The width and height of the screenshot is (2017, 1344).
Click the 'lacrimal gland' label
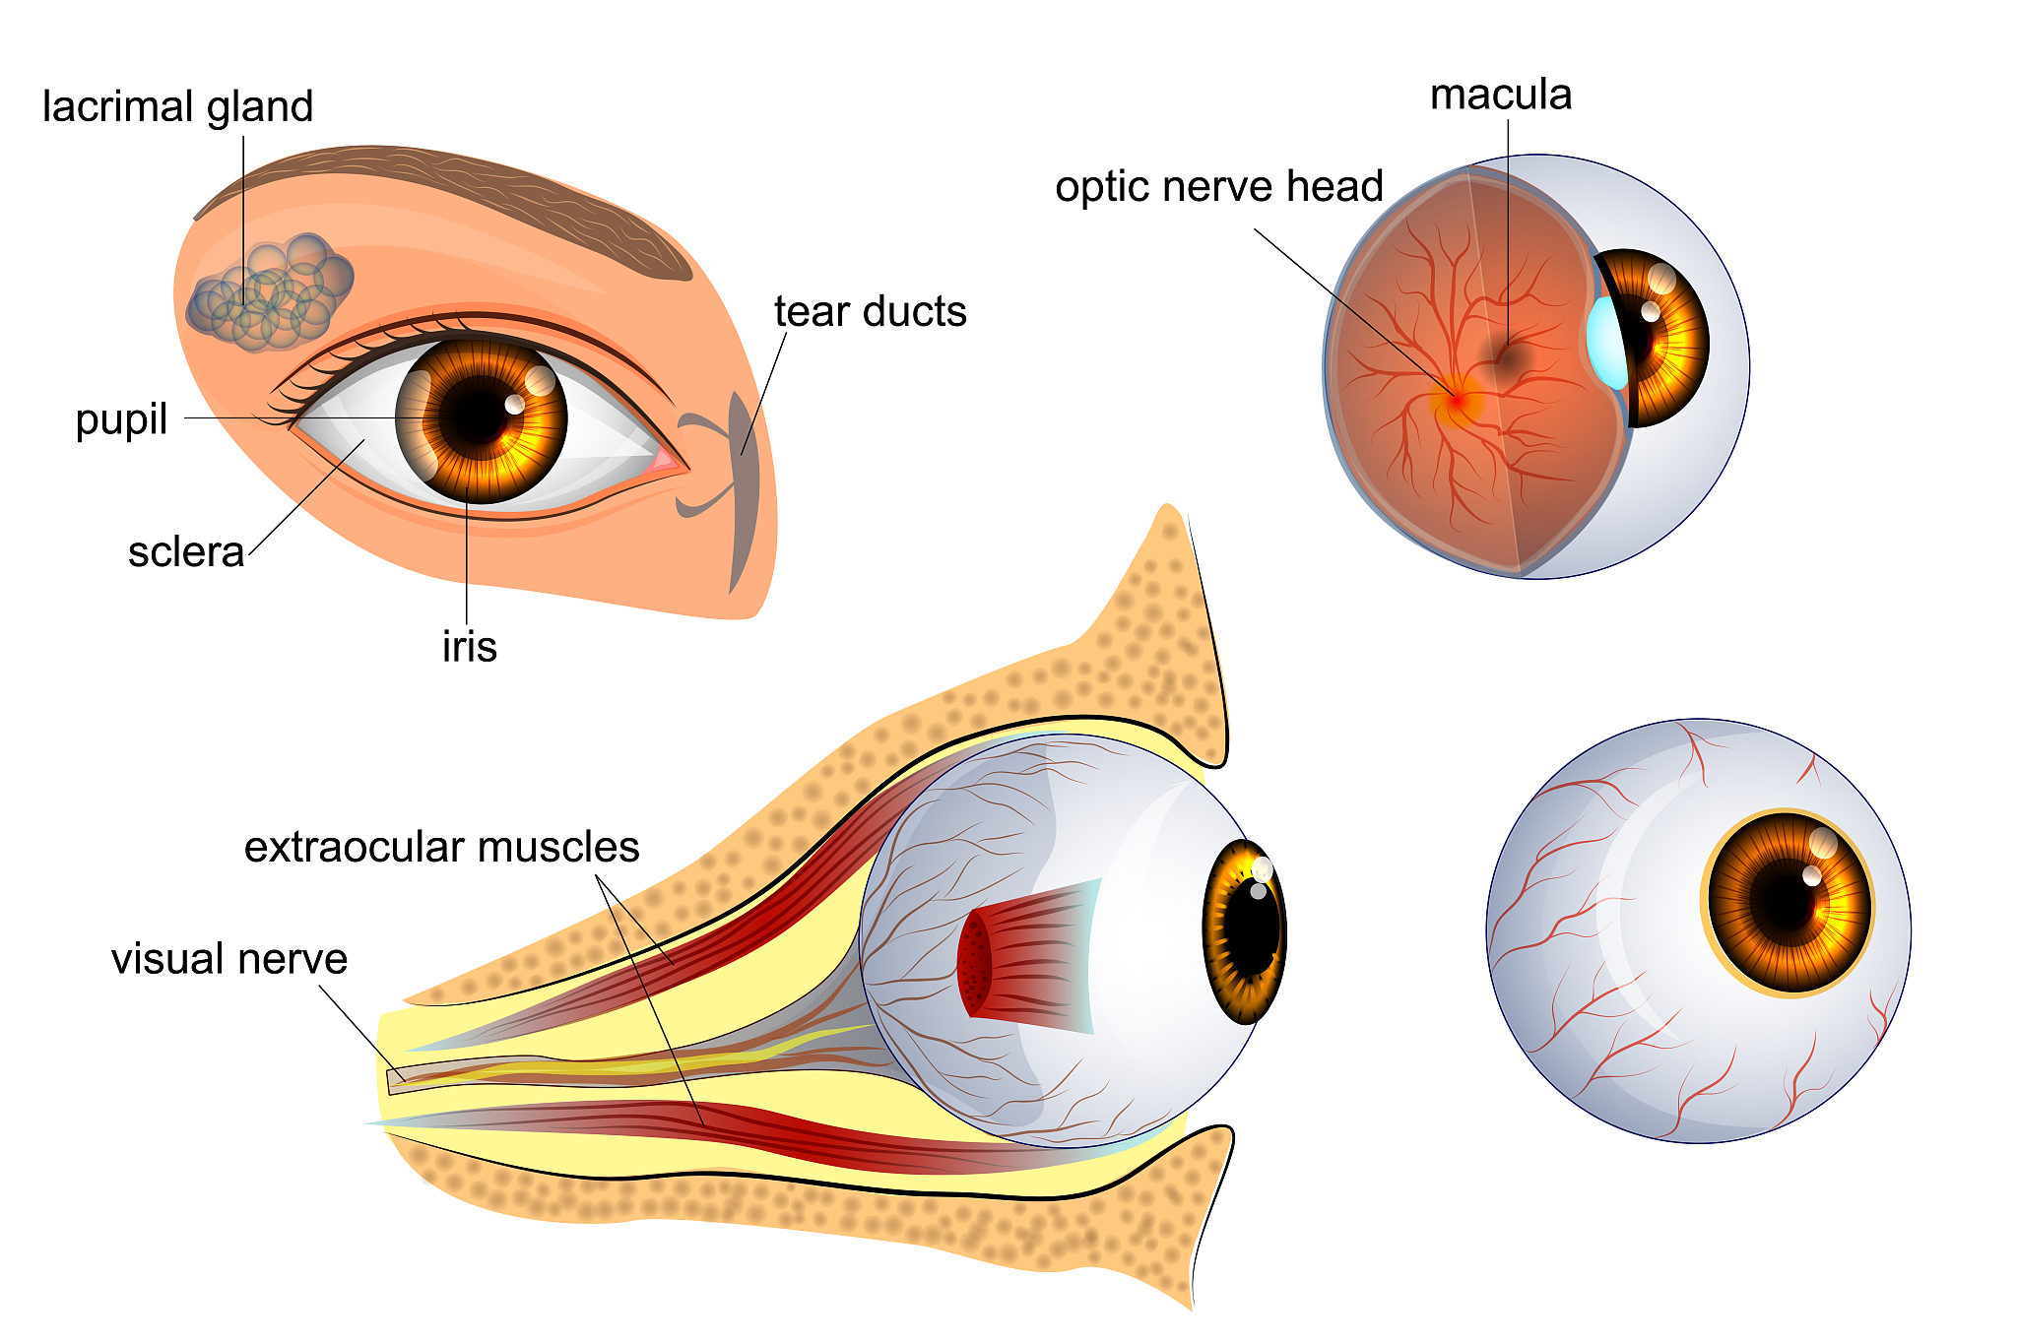coord(177,107)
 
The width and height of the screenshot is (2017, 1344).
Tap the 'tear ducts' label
coord(871,311)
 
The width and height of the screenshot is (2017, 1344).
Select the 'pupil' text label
coord(121,420)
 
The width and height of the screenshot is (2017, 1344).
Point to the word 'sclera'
coord(186,552)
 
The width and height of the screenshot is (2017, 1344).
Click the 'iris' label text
coord(470,647)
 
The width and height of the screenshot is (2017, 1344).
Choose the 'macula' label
coord(1500,95)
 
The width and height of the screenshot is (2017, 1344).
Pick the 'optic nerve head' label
coord(1219,186)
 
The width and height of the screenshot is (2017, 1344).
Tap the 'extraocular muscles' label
coord(442,847)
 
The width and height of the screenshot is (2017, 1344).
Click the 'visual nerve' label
coord(229,959)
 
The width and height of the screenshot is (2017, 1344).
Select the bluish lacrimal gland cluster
coord(270,292)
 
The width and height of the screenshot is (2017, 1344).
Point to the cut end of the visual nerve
coord(395,1081)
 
